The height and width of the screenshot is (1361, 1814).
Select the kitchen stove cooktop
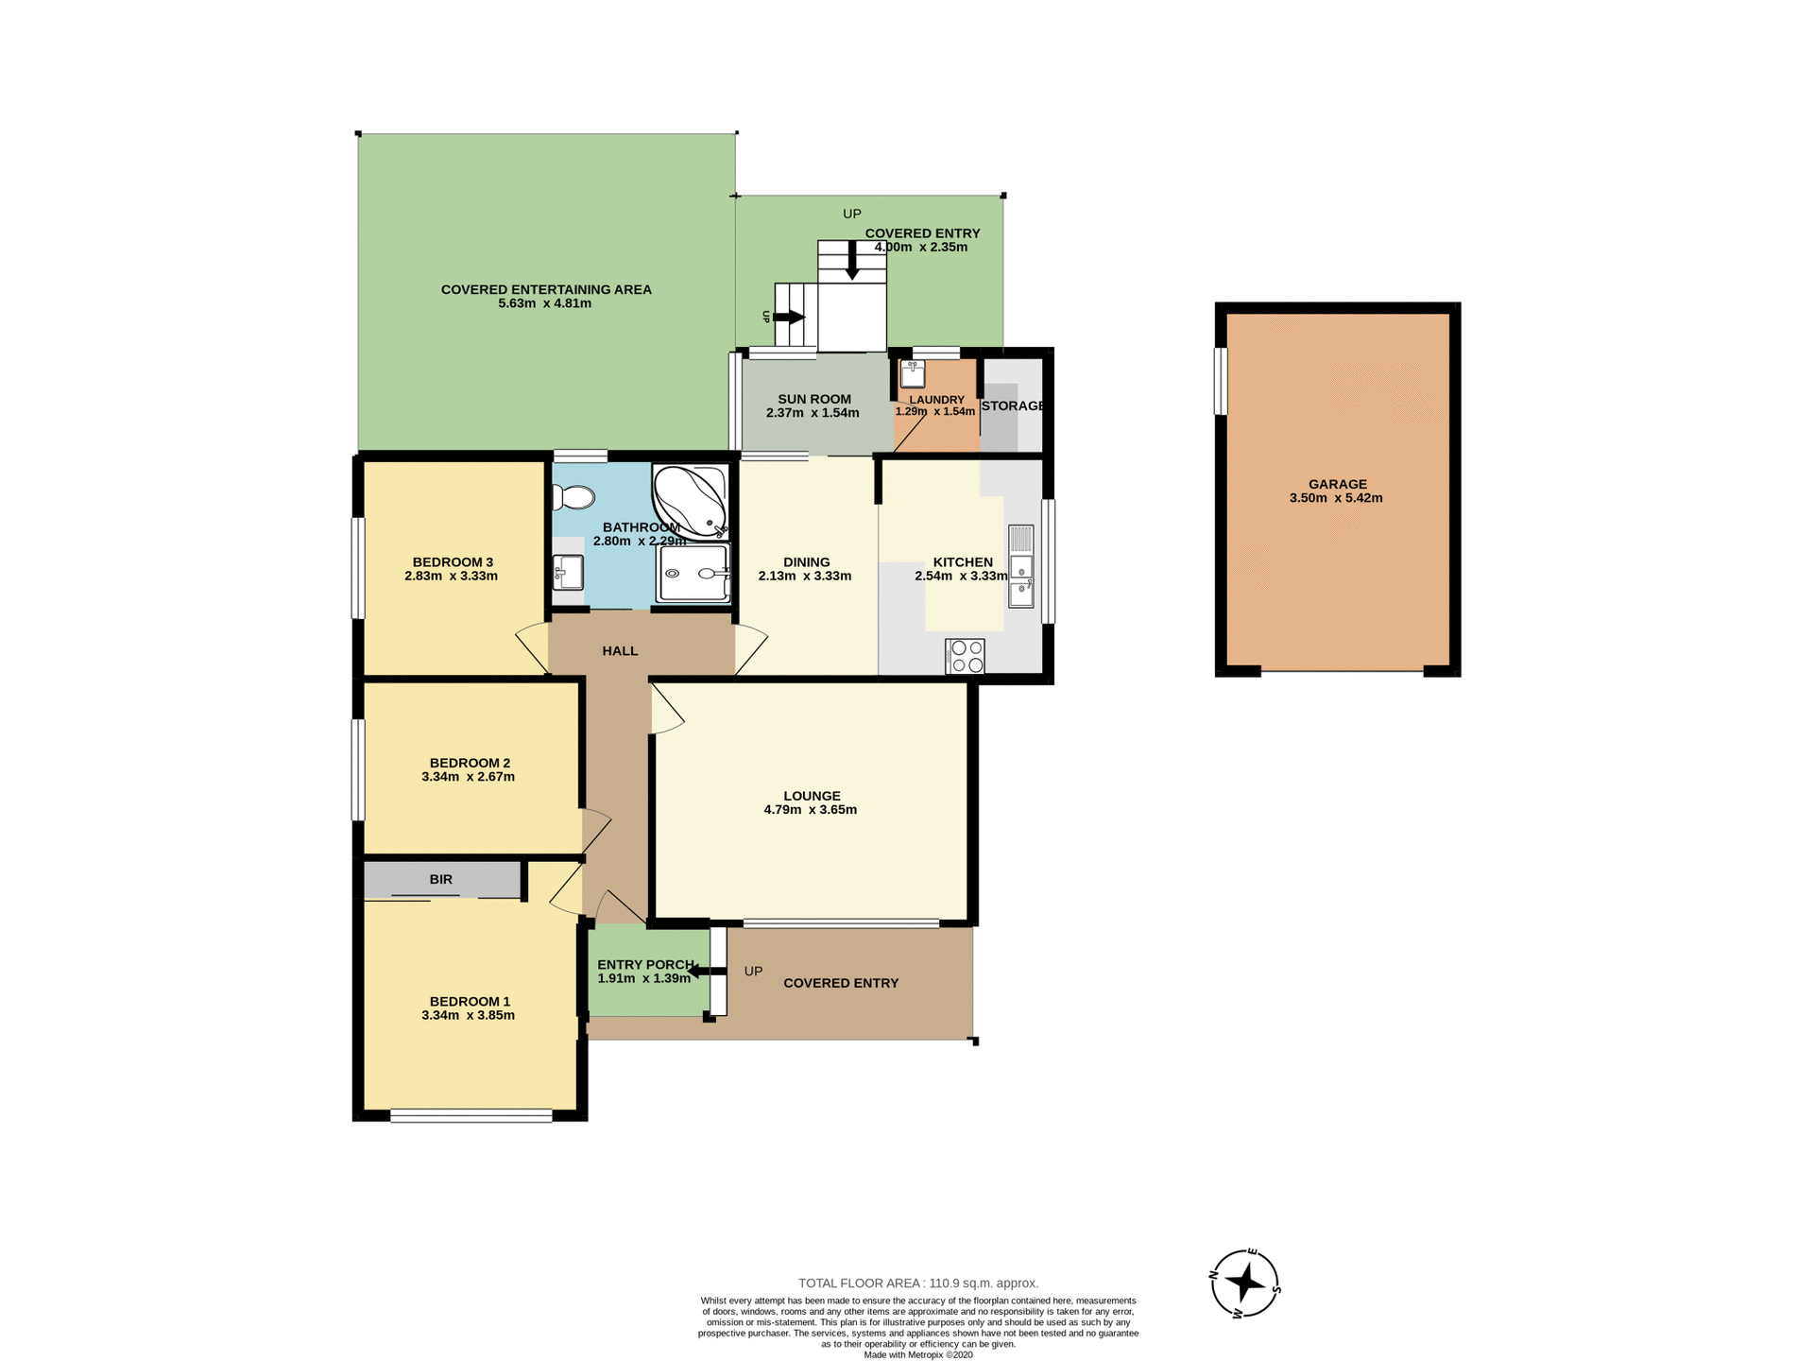(965, 656)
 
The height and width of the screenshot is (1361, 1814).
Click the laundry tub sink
(912, 374)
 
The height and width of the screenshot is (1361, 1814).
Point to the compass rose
(1245, 1283)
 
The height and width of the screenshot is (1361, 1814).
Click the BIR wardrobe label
(440, 879)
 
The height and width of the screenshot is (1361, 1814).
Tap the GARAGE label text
(1336, 484)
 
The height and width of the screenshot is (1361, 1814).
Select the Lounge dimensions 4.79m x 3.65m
(810, 810)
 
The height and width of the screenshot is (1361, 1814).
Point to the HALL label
(620, 651)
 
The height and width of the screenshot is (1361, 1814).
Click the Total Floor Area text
(917, 1283)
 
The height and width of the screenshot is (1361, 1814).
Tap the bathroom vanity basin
(568, 571)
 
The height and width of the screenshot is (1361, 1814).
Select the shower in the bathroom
(694, 573)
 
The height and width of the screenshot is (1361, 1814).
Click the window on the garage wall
(1220, 381)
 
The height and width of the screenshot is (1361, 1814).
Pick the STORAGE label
(1012, 406)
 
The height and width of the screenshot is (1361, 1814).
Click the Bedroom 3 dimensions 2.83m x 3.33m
(451, 576)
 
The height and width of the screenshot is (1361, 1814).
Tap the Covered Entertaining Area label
(546, 289)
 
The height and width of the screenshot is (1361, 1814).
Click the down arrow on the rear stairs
(852, 260)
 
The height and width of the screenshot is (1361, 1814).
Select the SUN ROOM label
(813, 399)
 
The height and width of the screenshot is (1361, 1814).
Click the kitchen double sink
(1020, 579)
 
